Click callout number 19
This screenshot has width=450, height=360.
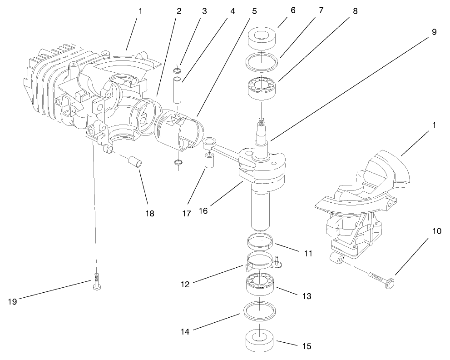click(12, 301)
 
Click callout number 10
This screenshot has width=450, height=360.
click(436, 231)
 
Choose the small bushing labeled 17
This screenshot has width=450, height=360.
click(209, 161)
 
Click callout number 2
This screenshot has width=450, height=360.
click(179, 11)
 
